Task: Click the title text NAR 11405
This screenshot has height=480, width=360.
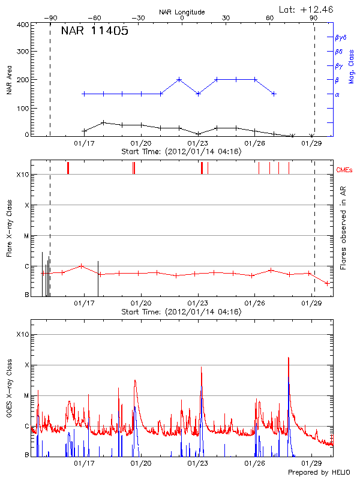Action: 94,32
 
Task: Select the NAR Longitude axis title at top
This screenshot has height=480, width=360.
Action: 182,12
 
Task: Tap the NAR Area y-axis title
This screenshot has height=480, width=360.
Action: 9,80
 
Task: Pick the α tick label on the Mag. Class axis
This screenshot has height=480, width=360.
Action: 337,94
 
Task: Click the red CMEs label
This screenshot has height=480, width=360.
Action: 346,170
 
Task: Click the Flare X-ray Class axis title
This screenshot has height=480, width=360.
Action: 9,228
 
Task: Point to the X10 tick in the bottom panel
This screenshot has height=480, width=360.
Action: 23,334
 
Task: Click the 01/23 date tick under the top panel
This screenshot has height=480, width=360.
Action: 198,143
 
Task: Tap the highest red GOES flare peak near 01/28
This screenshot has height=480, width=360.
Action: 289,358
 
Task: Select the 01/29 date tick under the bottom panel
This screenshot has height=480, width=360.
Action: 311,463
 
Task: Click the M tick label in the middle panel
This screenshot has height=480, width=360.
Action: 26,236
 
